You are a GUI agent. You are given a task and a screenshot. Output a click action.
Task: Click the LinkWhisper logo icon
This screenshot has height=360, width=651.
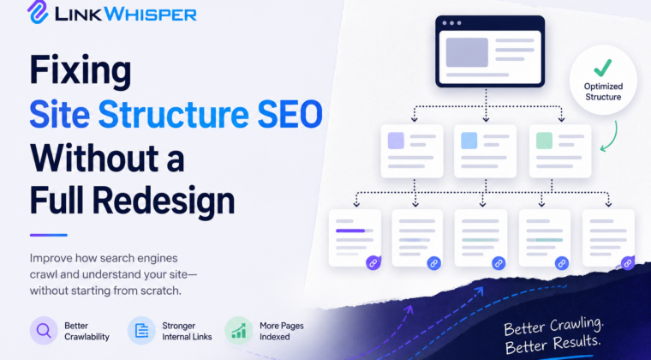[38, 12]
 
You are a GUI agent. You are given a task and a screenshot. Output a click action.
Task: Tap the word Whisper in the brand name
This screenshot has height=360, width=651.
[151, 15]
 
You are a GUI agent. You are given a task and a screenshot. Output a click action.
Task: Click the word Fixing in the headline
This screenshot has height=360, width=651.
[81, 70]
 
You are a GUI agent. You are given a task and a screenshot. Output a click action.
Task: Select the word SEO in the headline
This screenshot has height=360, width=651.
[290, 114]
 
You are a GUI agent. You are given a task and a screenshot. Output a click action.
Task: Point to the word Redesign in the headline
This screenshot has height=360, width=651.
[164, 201]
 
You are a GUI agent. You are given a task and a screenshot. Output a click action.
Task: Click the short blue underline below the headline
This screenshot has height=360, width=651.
[49, 235]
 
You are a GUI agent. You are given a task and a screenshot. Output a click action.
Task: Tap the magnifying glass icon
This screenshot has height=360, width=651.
[44, 331]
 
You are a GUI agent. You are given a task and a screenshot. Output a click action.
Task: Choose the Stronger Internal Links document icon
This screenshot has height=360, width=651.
[141, 331]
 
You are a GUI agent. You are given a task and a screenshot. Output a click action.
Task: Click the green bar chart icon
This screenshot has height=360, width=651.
[239, 331]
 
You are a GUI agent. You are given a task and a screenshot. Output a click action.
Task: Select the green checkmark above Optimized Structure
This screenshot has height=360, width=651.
[603, 68]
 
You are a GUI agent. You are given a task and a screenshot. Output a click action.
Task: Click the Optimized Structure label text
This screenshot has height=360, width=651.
[603, 92]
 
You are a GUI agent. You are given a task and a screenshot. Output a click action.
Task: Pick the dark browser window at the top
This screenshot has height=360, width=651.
[490, 51]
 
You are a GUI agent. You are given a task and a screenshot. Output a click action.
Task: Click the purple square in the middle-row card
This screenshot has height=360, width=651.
[396, 141]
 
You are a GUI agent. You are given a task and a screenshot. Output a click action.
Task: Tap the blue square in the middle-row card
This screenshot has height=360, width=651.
[469, 141]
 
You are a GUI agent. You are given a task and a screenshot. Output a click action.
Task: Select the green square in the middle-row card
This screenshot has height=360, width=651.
[544, 141]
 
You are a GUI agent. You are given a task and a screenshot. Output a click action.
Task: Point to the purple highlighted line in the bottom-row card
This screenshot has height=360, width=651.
[350, 231]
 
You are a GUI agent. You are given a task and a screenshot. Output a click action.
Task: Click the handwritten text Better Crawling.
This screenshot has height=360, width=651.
[553, 327]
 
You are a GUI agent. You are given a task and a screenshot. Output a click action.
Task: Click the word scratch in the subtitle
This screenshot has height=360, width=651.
[161, 291]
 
